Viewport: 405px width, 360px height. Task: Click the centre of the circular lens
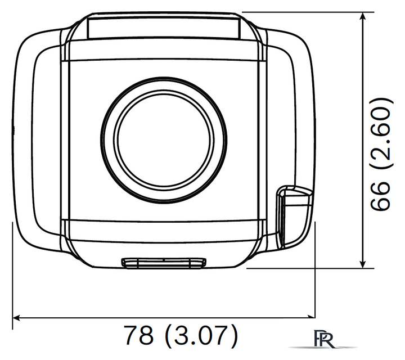[164, 139]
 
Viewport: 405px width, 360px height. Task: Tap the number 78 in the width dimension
[139, 335]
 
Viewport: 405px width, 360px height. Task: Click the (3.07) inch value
[201, 335]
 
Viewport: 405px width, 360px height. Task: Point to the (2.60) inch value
[382, 133]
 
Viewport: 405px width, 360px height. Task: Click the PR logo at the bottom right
[323, 338]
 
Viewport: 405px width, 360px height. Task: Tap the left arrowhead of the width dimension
[16, 318]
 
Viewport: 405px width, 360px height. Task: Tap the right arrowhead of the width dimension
[311, 317]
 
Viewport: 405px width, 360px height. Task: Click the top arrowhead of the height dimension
[363, 16]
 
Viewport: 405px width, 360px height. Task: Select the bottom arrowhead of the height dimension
[363, 264]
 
